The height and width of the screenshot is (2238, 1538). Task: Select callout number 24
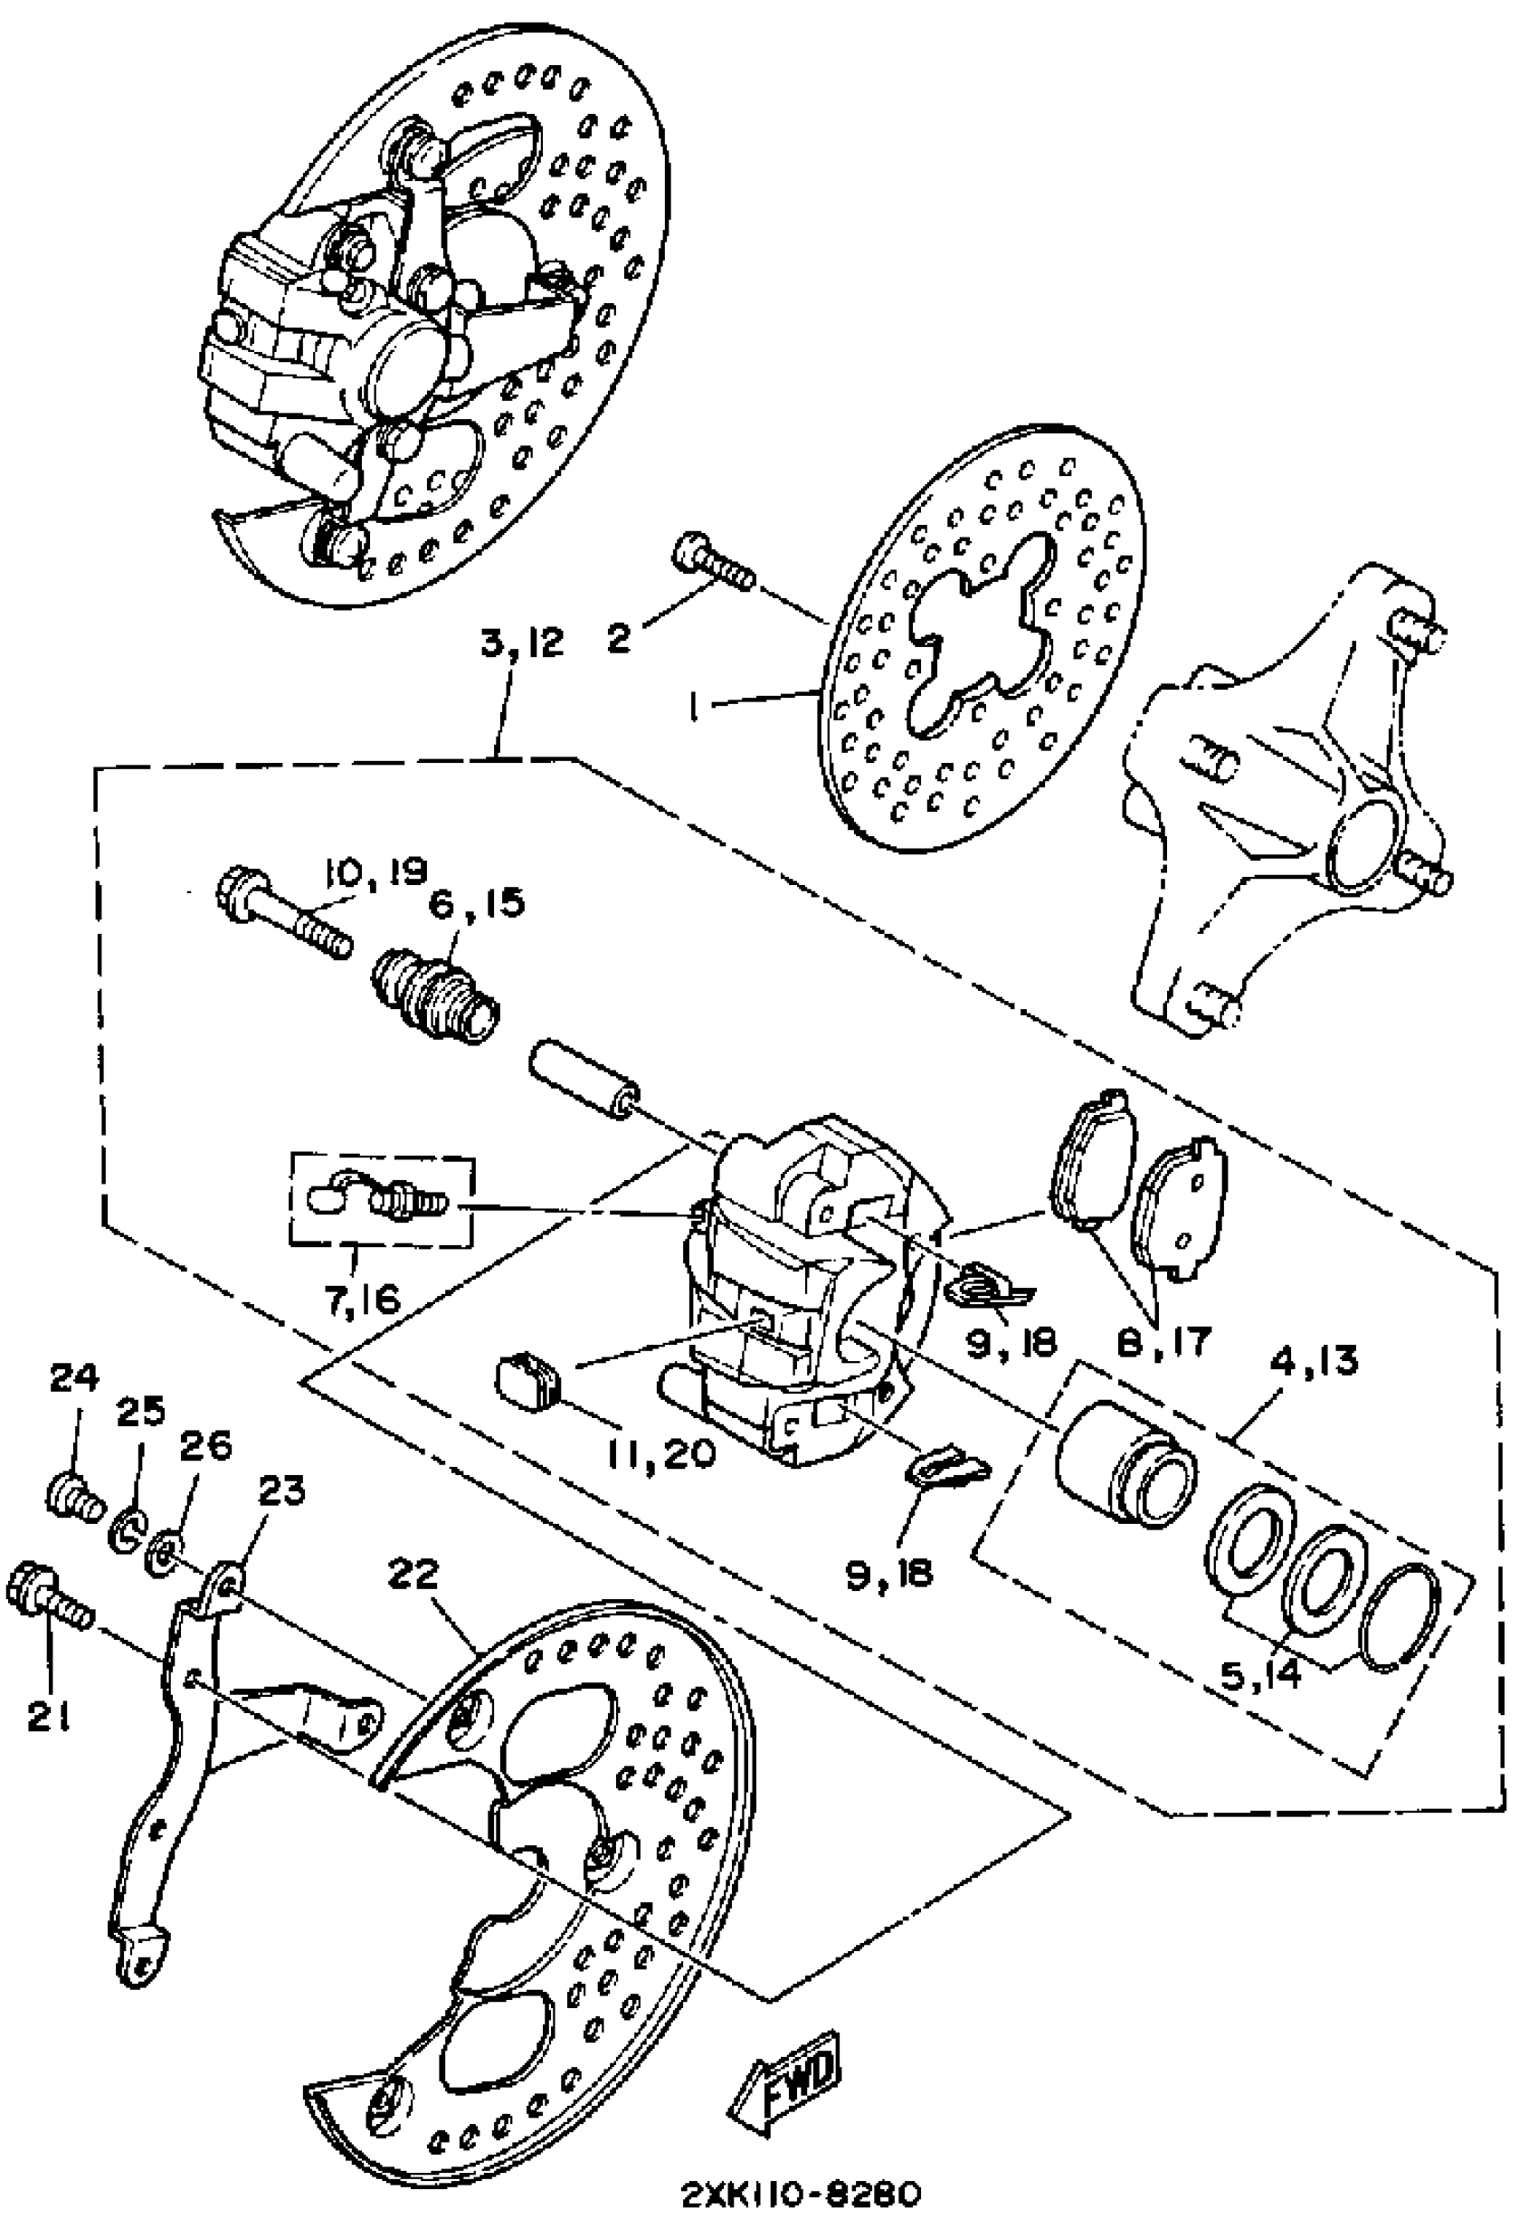pos(74,1379)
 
